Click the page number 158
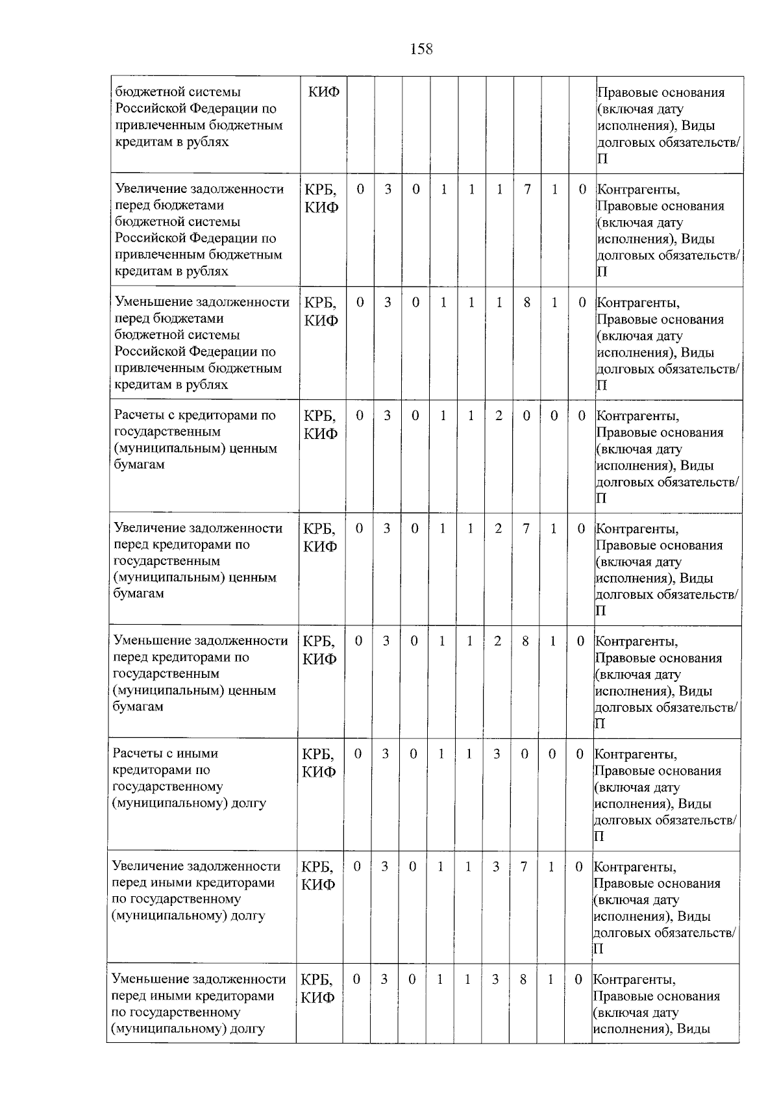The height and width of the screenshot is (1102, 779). pyautogui.click(x=421, y=49)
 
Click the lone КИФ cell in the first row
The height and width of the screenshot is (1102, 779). pyautogui.click(x=323, y=92)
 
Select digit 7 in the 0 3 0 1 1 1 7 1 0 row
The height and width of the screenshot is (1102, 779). pyautogui.click(x=528, y=189)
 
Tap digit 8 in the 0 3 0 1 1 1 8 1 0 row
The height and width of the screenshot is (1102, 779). pyautogui.click(x=527, y=302)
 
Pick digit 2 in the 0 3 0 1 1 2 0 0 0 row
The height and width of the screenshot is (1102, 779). pyautogui.click(x=499, y=415)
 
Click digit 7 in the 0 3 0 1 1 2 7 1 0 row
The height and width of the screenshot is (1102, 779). pyautogui.click(x=526, y=528)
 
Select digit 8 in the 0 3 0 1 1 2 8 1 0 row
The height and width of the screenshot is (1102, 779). pyautogui.click(x=525, y=641)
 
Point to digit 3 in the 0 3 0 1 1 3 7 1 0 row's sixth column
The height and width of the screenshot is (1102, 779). pyautogui.click(x=496, y=866)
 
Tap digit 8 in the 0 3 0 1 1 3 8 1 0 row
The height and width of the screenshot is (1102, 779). pyautogui.click(x=523, y=979)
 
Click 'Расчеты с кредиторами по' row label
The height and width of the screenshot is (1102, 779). pyautogui.click(x=195, y=415)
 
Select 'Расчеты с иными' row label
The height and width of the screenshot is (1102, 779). pyautogui.click(x=166, y=753)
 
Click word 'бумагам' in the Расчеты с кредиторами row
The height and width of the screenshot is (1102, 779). pyautogui.click(x=138, y=464)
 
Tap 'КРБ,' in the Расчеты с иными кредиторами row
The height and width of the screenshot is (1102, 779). pyautogui.click(x=318, y=754)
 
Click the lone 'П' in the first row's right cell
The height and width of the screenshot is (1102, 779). pyautogui.click(x=602, y=159)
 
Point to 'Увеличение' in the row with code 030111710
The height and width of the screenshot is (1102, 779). pyautogui.click(x=151, y=189)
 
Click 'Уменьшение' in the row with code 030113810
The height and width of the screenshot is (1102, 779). pyautogui.click(x=149, y=979)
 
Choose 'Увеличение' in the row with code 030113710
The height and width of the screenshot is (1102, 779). pyautogui.click(x=149, y=866)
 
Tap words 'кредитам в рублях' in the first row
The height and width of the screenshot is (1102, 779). pyautogui.click(x=172, y=142)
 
